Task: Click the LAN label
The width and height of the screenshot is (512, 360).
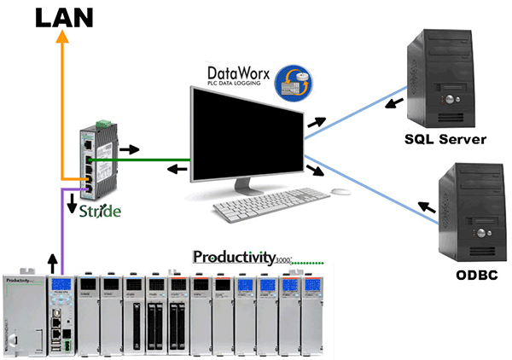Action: tap(63, 16)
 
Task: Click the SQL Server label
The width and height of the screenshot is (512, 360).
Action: tap(445, 139)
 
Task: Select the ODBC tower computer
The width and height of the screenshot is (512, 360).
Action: tap(471, 212)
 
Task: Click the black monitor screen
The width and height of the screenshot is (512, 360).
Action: tap(245, 132)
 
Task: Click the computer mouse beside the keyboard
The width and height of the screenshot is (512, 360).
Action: tap(340, 191)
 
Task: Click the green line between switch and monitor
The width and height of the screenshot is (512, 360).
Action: tap(154, 158)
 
